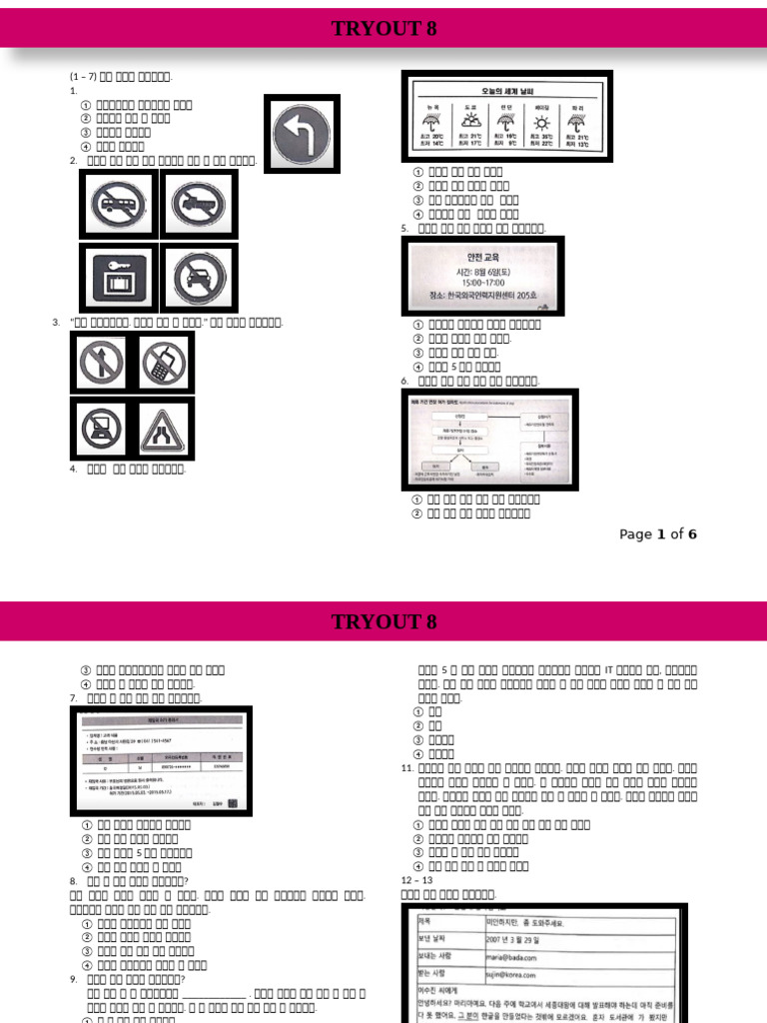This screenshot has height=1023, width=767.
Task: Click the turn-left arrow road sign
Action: [x=302, y=133]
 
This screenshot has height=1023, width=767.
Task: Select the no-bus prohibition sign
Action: [x=119, y=205]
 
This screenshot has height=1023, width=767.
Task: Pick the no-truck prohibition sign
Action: [x=199, y=205]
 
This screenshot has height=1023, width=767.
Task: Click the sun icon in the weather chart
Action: [x=545, y=122]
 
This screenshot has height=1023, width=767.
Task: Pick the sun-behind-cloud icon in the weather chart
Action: [x=467, y=122]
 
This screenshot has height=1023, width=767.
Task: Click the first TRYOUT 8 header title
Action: [x=383, y=29]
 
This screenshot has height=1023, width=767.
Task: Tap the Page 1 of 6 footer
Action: [x=657, y=534]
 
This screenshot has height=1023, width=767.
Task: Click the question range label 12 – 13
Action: [x=416, y=880]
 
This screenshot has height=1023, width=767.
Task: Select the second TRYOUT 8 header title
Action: [x=383, y=622]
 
